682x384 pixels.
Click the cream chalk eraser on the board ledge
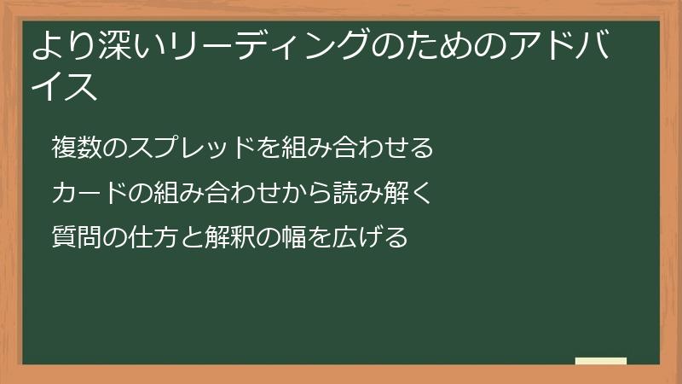coord(600,361)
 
